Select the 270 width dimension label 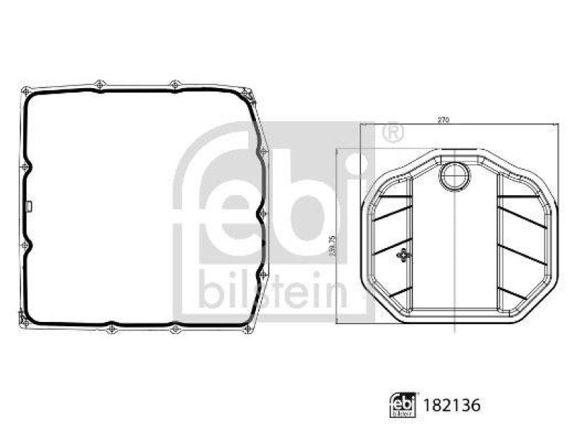click(443, 120)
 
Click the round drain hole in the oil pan click(454, 174)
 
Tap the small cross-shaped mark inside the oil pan click(405, 255)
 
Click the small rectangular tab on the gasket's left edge click(27, 207)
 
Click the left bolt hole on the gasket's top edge click(99, 85)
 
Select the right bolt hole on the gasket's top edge click(174, 85)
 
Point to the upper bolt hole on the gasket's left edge click(24, 167)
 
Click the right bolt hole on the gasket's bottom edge click(174, 330)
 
